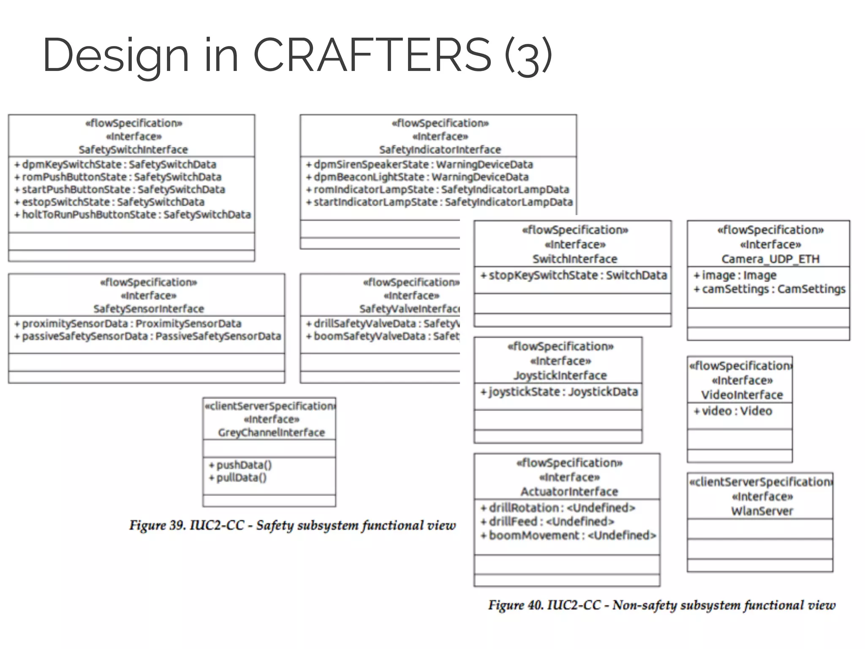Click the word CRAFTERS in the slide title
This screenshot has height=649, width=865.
point(372,55)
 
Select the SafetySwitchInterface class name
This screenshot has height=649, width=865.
point(133,150)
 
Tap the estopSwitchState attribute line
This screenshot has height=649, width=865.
point(113,202)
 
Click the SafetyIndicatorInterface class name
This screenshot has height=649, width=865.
point(440,150)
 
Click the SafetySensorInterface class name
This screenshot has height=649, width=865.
point(149,309)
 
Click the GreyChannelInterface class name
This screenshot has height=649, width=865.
point(271,433)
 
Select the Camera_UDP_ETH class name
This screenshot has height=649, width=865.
point(770,259)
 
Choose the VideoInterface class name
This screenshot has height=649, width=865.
point(742,395)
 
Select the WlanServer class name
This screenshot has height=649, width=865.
point(762,511)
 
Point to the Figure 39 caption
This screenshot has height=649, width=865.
point(292,526)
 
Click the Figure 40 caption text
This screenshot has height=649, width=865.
point(661,605)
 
